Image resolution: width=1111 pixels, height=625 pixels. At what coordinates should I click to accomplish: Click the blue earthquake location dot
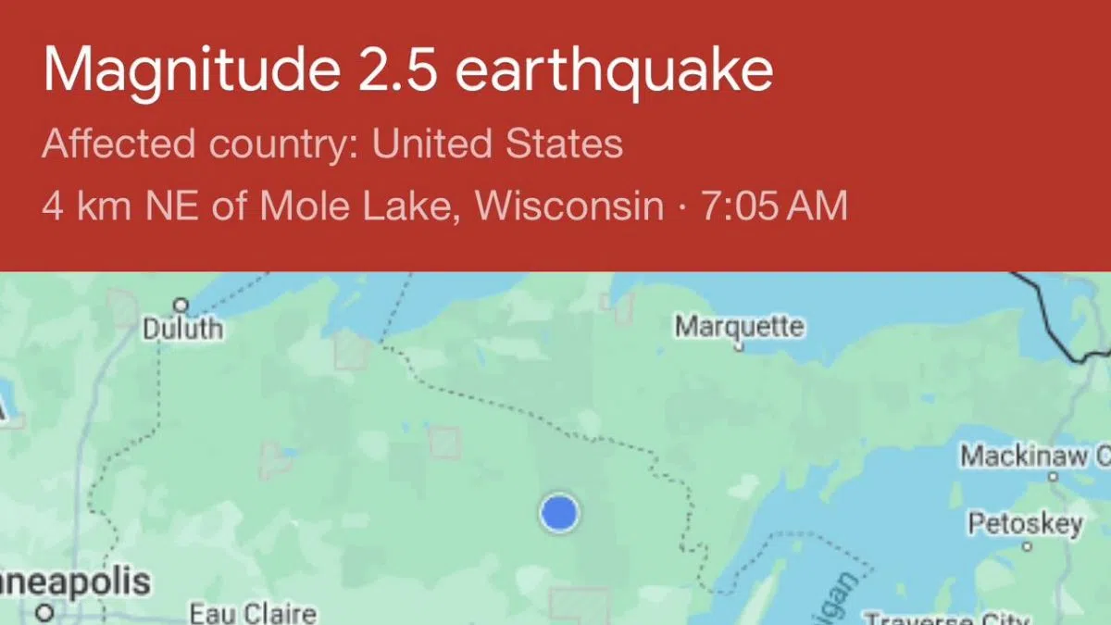click(x=558, y=512)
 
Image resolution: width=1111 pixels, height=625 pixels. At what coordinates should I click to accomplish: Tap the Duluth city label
click(x=182, y=329)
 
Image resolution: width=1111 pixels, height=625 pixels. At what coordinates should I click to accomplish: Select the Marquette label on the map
click(x=739, y=326)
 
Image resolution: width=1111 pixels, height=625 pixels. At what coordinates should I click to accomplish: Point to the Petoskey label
click(x=1025, y=524)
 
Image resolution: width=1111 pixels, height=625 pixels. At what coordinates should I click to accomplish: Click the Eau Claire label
click(x=253, y=613)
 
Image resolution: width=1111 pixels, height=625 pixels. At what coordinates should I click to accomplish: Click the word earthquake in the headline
click(x=614, y=71)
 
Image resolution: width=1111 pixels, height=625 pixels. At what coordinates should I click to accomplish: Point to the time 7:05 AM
click(x=774, y=206)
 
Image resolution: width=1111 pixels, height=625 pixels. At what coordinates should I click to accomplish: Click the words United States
click(x=497, y=144)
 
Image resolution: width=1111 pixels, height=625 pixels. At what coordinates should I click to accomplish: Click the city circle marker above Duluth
click(x=181, y=305)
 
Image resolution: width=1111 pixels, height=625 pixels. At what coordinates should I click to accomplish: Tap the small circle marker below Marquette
click(x=739, y=348)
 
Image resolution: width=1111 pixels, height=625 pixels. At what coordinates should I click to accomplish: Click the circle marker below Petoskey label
click(x=1027, y=547)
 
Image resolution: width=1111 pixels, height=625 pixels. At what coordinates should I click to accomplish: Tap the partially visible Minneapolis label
click(x=74, y=582)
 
